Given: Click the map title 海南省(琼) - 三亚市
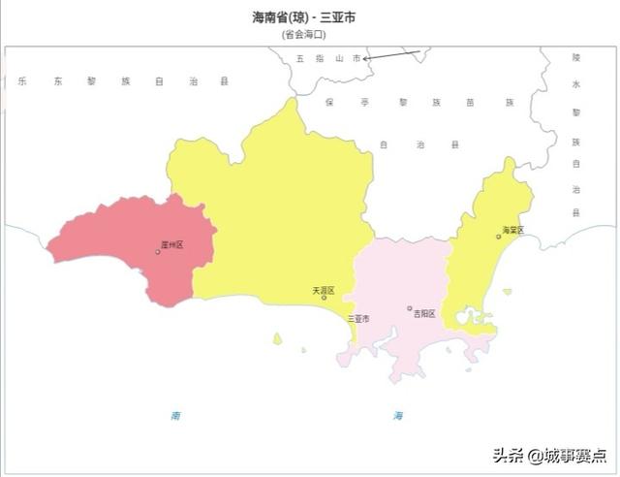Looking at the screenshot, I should pyautogui.click(x=310, y=17).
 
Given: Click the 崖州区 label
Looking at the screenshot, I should pyautogui.click(x=172, y=245).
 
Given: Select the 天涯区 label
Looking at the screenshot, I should pyautogui.click(x=323, y=290).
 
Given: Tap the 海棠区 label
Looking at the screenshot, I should pyautogui.click(x=512, y=231).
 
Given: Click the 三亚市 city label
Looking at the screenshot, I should pyautogui.click(x=357, y=318).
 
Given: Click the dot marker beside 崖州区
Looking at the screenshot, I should pyautogui.click(x=158, y=252).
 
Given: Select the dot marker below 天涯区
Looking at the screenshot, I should pyautogui.click(x=324, y=298).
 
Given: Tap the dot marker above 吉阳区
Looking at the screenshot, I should pyautogui.click(x=410, y=308).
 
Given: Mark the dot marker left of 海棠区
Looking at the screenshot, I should pyautogui.click(x=498, y=237).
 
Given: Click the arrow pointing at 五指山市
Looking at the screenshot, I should pyautogui.click(x=392, y=54).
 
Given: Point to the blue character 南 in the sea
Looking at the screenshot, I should pyautogui.click(x=175, y=415).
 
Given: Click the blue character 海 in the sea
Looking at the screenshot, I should pyautogui.click(x=398, y=415).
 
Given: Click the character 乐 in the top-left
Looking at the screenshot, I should pyautogui.click(x=21, y=81).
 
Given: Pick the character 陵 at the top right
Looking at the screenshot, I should pyautogui.click(x=575, y=58).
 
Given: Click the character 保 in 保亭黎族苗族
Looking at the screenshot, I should pyautogui.click(x=328, y=102).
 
